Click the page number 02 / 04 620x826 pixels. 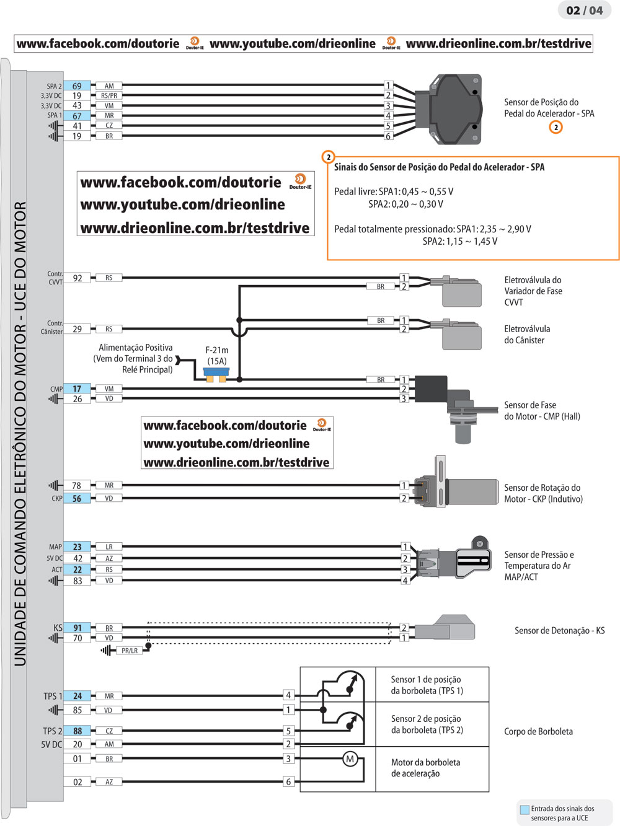coord(584,11)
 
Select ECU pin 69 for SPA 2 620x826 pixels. coord(77,86)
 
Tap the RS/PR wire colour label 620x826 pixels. coord(109,96)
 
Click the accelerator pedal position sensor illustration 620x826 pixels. coord(454,109)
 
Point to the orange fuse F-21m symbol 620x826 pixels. coord(216,375)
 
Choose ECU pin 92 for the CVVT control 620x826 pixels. coord(77,278)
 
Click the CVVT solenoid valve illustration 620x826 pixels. coord(461,291)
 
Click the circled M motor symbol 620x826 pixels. coord(350,759)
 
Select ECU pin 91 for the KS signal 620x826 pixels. coord(77,628)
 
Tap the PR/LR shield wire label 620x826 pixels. coord(130,651)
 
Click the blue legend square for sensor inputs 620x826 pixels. coord(525,809)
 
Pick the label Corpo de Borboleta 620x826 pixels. coord(538,732)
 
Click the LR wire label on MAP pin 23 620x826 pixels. coord(109,547)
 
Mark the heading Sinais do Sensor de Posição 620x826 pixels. coord(439,167)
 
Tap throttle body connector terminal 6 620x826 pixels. coord(288,782)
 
